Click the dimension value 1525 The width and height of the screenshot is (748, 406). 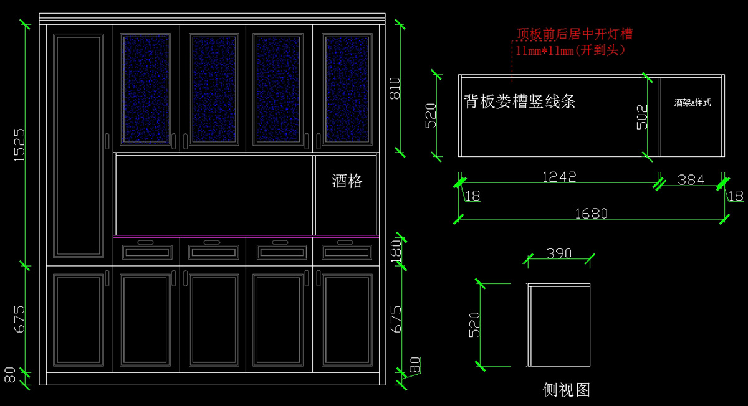click(19, 145)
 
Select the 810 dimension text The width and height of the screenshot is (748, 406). click(395, 88)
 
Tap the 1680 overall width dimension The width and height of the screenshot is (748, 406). click(591, 214)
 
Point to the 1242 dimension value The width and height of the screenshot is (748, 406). click(559, 177)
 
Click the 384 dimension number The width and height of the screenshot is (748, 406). click(691, 179)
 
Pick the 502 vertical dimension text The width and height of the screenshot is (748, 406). click(642, 116)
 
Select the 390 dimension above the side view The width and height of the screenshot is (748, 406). click(559, 253)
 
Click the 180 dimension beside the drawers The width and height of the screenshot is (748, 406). click(395, 252)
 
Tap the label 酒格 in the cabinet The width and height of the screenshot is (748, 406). click(347, 181)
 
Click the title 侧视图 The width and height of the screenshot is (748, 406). click(566, 390)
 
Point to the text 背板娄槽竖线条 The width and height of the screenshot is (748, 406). click(520, 101)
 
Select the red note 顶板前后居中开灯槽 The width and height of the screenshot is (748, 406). click(574, 34)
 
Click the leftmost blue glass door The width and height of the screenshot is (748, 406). click(146, 88)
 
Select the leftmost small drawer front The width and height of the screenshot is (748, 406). click(147, 252)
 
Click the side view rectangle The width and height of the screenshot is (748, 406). click(559, 325)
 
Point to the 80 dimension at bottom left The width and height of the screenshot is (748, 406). click(10, 375)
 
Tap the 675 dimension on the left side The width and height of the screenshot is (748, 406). click(19, 318)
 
